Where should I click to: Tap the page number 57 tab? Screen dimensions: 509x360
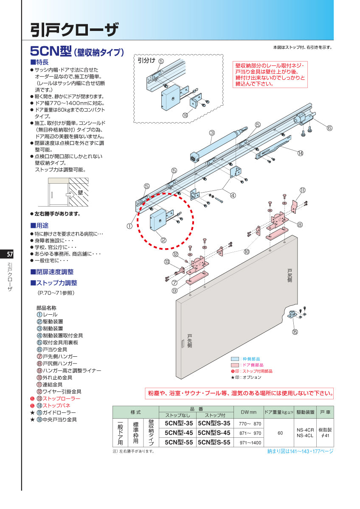pos(9,255)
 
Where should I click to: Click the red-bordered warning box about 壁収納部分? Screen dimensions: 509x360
pos(270,75)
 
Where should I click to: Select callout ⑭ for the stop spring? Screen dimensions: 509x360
pos(300,153)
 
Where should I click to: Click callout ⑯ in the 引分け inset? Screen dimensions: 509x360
pos(185,115)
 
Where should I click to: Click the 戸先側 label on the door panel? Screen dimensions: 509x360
pos(189,339)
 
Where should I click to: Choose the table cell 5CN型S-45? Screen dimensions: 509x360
pos(214,433)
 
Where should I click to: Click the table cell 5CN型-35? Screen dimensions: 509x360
pos(178,423)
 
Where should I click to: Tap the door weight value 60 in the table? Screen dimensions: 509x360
pos(280,433)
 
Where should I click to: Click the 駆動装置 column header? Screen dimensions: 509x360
pos(305,412)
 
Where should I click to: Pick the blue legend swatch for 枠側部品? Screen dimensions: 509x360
pos(235,358)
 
